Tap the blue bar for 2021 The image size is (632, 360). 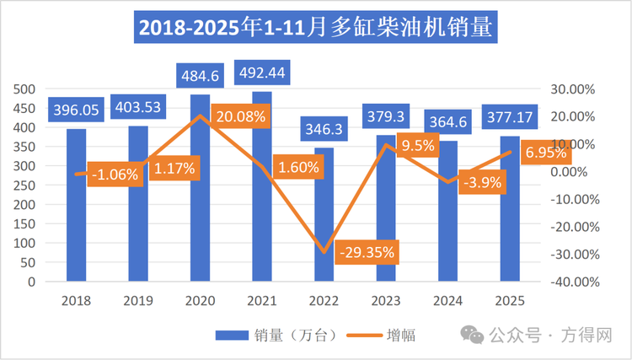click(x=262, y=211)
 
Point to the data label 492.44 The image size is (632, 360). click(x=262, y=73)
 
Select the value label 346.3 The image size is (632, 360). click(x=324, y=131)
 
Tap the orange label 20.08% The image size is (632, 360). click(x=238, y=117)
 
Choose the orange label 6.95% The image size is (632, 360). click(x=545, y=153)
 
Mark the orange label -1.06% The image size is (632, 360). click(x=114, y=175)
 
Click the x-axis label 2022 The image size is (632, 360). click(x=324, y=300)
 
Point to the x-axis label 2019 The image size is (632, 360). click(x=138, y=300)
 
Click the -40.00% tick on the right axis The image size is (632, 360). click(x=572, y=282)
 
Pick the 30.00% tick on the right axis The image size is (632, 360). click(x=572, y=89)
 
